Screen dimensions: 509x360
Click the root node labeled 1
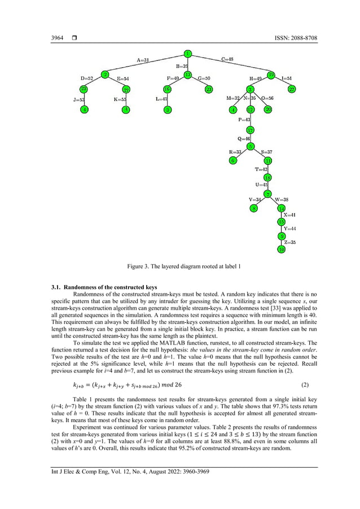pyautogui.click(x=187, y=54)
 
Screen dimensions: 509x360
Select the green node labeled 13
pyautogui.click(x=188, y=74)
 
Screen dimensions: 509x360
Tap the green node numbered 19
pyautogui.click(x=271, y=74)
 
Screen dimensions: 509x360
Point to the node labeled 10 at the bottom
pyautogui.click(x=281, y=249)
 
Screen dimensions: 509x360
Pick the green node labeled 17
pyautogui.click(x=251, y=130)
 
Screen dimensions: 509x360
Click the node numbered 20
pyautogui.click(x=268, y=109)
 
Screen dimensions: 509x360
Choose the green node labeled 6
pyautogui.click(x=232, y=160)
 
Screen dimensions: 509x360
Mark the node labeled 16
pyautogui.click(x=167, y=89)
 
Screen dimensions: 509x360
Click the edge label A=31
pyautogui.click(x=143, y=60)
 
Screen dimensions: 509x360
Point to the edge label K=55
pyautogui.click(x=120, y=99)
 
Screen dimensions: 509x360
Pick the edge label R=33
pyautogui.click(x=235, y=152)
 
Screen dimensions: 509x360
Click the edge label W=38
pyautogui.click(x=282, y=199)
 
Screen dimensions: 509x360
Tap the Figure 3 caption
pyautogui.click(x=180, y=265)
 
